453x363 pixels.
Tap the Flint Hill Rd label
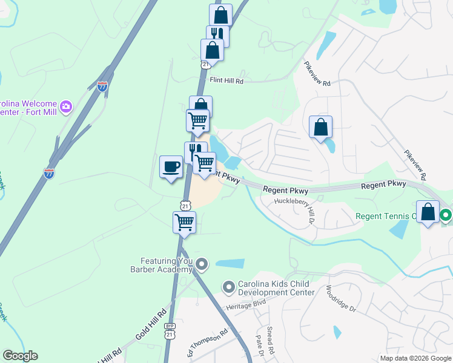click(x=226, y=80)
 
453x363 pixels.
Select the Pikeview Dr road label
click(x=415, y=166)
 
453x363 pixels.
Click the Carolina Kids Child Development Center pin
click(x=228, y=286)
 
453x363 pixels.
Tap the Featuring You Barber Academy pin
click(x=202, y=264)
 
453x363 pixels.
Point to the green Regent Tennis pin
click(x=446, y=215)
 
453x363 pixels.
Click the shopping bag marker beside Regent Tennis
click(x=428, y=212)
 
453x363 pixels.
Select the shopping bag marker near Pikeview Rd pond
click(x=321, y=127)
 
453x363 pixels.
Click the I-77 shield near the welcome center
click(x=103, y=87)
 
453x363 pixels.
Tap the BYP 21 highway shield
click(x=170, y=331)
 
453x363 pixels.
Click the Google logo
click(x=20, y=356)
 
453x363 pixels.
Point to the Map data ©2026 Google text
click(x=416, y=358)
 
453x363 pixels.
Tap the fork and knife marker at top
click(x=217, y=35)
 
